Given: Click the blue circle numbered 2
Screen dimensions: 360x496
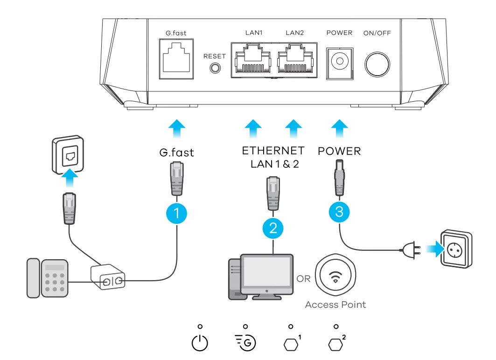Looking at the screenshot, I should tap(273, 228).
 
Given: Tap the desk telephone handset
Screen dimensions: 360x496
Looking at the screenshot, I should tap(33, 278).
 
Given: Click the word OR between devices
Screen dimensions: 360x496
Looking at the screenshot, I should tap(304, 279).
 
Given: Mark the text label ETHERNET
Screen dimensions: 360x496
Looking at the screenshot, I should tap(273, 151).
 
